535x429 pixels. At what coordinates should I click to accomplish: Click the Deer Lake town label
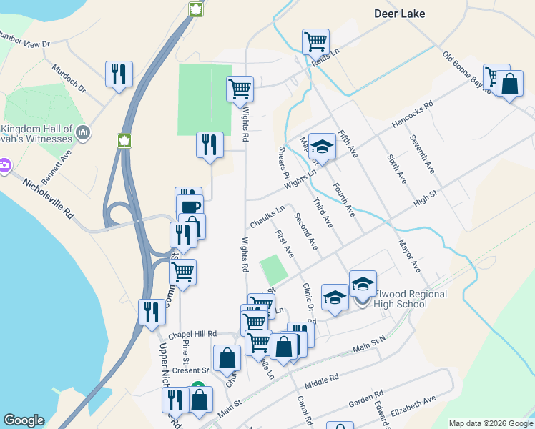[399, 13]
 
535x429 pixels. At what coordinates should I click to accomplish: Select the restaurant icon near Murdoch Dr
[119, 74]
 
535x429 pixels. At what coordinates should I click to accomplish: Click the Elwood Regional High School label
[409, 299]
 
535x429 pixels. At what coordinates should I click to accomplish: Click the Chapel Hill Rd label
[192, 334]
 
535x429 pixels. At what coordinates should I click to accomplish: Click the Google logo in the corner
[24, 420]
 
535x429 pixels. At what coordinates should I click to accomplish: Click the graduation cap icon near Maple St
[323, 148]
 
